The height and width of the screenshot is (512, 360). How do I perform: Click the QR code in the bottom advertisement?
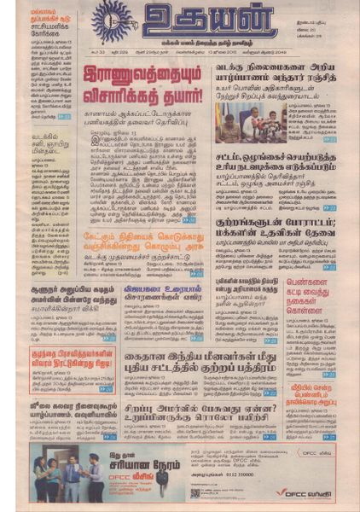[195, 493]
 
